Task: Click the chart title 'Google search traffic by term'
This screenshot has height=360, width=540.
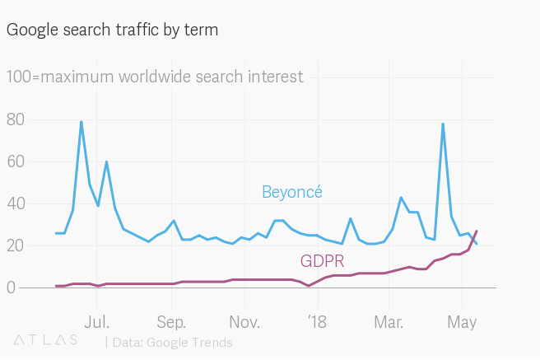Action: pos(112,30)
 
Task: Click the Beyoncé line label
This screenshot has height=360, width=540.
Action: pos(291,192)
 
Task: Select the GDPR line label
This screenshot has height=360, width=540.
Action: pos(322,262)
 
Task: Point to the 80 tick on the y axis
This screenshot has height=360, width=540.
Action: pos(16,119)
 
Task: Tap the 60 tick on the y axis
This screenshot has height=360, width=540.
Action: pos(16,161)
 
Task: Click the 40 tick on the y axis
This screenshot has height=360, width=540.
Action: pos(16,203)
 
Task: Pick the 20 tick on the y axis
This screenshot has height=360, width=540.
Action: pos(16,245)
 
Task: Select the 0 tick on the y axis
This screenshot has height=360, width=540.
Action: pos(11,288)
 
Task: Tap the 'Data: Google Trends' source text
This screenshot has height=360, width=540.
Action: pos(172,342)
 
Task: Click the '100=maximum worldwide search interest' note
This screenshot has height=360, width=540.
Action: pos(155,77)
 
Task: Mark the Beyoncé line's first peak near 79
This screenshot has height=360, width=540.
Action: pos(81,122)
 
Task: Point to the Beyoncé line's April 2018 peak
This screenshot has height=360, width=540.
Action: pos(443,124)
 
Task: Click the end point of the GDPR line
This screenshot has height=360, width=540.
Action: pos(477,231)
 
